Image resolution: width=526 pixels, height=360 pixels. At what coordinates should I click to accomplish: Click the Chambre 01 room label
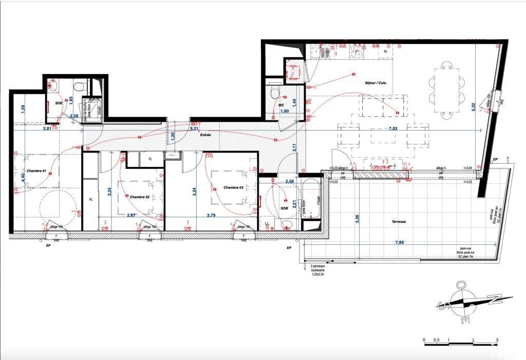pos(36,171)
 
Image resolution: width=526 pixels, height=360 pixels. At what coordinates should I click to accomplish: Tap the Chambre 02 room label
pos(139,197)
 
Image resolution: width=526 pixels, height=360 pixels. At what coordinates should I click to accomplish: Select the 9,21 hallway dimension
pos(194,128)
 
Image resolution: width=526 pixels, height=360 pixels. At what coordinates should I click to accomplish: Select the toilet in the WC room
pos(275,93)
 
